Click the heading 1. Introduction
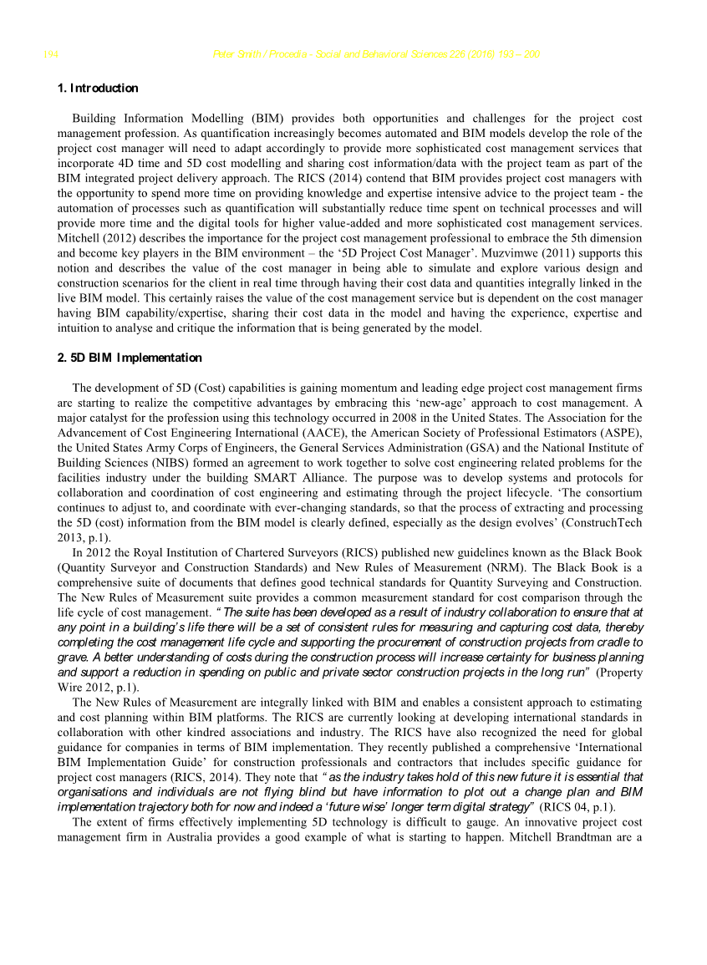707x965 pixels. coord(97,89)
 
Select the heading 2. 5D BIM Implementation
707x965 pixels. coord(130,358)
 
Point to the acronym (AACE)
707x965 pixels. coord(322,434)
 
